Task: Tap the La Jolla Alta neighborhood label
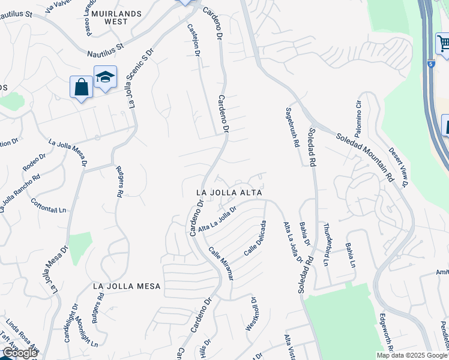(x=231, y=193)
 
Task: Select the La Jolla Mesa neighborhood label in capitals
(x=127, y=287)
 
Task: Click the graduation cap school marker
(x=105, y=77)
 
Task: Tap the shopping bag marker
(x=81, y=87)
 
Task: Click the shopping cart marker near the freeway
(x=443, y=43)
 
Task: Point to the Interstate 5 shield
(x=431, y=64)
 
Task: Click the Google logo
(x=19, y=353)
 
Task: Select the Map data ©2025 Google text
(x=411, y=355)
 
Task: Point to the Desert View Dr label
(x=397, y=167)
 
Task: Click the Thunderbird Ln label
(x=327, y=244)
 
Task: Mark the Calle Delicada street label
(x=255, y=238)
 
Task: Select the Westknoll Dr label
(x=251, y=313)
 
